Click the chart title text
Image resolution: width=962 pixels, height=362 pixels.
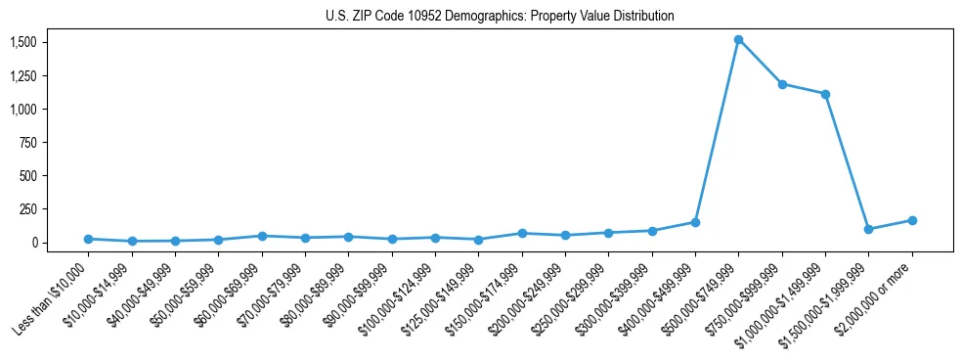pos(500,16)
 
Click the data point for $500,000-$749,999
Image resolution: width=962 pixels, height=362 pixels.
pos(738,40)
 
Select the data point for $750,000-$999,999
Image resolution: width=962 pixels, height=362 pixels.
pos(782,84)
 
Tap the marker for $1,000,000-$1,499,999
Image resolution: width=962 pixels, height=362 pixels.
pos(825,94)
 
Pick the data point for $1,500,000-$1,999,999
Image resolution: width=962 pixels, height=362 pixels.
pos(868,229)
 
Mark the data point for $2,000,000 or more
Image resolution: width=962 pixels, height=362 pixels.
pos(911,220)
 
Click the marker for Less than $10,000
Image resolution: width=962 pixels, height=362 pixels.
pos(88,239)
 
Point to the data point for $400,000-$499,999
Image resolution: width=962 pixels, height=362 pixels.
pos(695,222)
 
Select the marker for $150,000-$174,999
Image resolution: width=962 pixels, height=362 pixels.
pos(522,233)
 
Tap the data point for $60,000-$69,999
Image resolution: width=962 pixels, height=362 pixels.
pos(262,236)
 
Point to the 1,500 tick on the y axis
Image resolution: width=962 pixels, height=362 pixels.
pos(23,42)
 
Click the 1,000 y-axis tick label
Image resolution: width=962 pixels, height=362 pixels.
pos(23,109)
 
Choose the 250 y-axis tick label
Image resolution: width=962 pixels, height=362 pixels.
pos(28,209)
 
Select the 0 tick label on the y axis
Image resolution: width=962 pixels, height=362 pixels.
pos(34,243)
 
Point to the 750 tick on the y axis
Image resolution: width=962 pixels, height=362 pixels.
pos(28,143)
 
